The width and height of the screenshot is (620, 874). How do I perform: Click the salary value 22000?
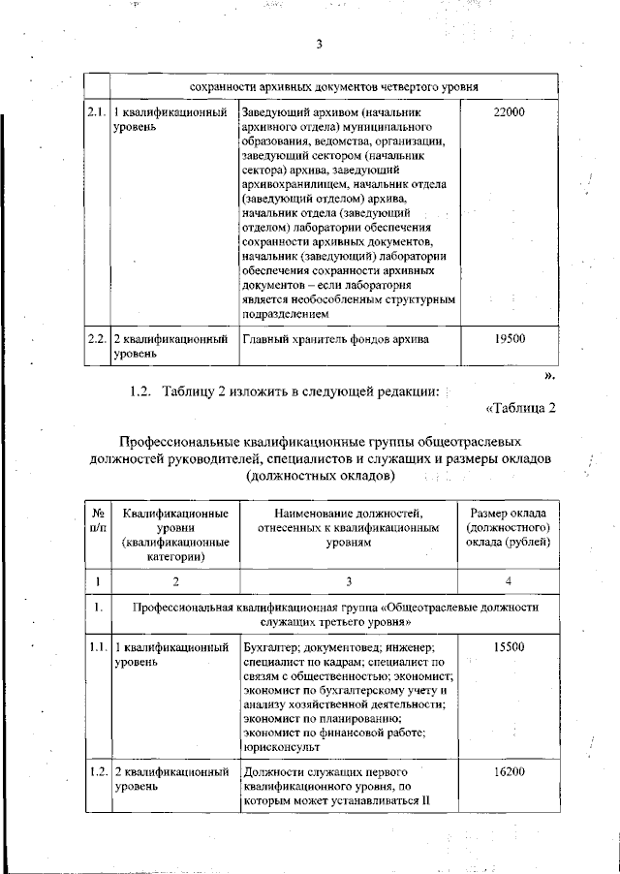coord(509,113)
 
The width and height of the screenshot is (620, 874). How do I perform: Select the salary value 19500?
coord(509,340)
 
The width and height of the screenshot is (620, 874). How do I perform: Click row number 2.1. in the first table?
coord(95,113)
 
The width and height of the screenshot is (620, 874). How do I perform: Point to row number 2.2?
coord(95,340)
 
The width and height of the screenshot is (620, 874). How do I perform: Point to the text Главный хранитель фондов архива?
coord(335,340)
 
